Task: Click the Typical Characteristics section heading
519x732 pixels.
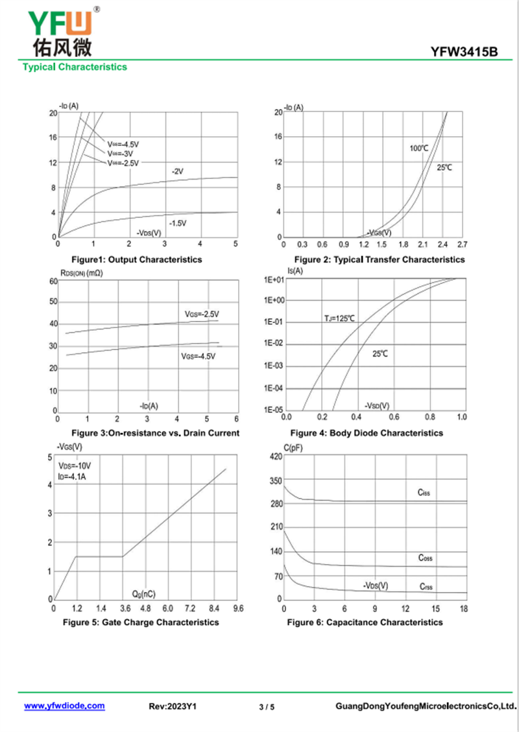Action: (75, 67)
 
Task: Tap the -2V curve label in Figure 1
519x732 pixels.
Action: (177, 171)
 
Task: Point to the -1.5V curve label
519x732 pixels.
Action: (177, 223)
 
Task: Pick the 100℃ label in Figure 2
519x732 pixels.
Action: (419, 148)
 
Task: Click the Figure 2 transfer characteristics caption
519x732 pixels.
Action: (376, 259)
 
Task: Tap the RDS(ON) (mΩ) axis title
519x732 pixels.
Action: (81, 273)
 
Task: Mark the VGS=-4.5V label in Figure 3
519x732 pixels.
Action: (198, 357)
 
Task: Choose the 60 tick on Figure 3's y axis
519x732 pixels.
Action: (53, 281)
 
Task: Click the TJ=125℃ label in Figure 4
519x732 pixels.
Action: (340, 318)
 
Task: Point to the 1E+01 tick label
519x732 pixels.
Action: (274, 279)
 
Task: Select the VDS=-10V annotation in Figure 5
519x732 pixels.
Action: (75, 466)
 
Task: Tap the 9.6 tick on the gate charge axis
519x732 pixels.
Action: (238, 609)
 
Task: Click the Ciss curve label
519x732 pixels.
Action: (424, 493)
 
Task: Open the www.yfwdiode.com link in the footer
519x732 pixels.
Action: (64, 705)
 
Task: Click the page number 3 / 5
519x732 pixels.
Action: (267, 707)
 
